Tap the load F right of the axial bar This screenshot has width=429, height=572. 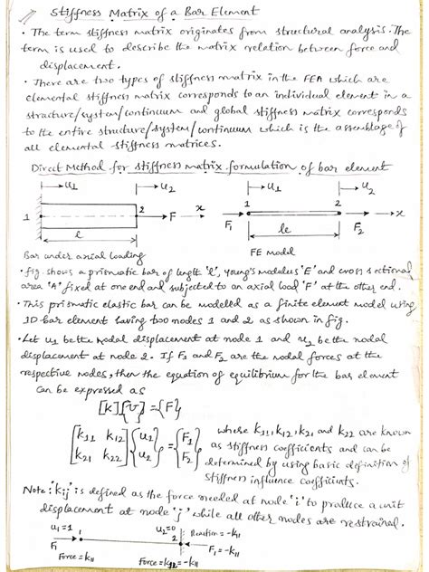click(175, 217)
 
